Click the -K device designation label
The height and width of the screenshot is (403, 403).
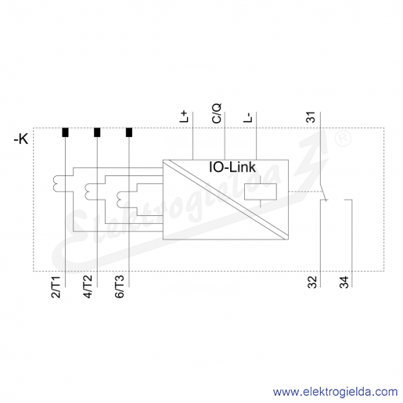[x=21, y=139]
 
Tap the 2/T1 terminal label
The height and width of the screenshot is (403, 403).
[x=56, y=287]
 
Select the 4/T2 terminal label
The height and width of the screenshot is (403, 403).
[x=88, y=286]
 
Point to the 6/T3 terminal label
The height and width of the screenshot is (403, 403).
[x=120, y=286]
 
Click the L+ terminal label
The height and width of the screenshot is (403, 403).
[x=184, y=117]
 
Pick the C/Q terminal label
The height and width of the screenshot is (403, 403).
[x=217, y=113]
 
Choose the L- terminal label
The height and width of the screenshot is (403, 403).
[x=248, y=117]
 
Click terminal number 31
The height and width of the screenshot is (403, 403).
[x=311, y=117]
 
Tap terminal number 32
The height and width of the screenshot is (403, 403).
[x=312, y=282]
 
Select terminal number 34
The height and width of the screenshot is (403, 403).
[x=344, y=282]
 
